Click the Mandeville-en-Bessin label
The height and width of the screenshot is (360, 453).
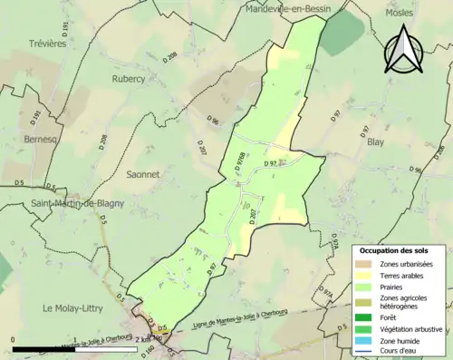(289, 9)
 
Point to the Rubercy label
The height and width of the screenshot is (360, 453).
(128, 79)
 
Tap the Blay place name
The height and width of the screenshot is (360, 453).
(376, 141)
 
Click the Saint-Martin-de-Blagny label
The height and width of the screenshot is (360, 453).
(77, 204)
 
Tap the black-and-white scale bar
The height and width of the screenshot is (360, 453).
(72, 349)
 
